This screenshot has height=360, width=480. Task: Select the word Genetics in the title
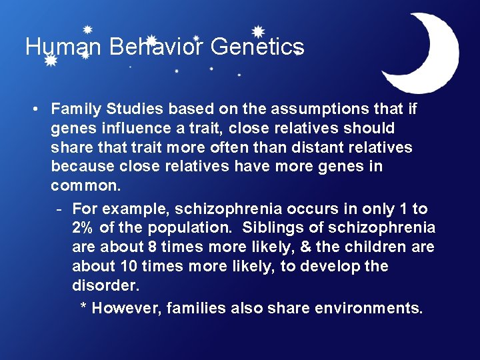(x=257, y=47)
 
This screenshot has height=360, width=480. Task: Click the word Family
(x=76, y=108)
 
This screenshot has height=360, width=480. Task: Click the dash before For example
(x=60, y=209)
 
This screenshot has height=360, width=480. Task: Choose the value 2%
(x=83, y=228)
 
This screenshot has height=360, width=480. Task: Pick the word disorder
(x=105, y=285)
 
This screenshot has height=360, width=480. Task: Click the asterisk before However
(x=84, y=307)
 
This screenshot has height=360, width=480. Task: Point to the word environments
(x=368, y=308)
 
